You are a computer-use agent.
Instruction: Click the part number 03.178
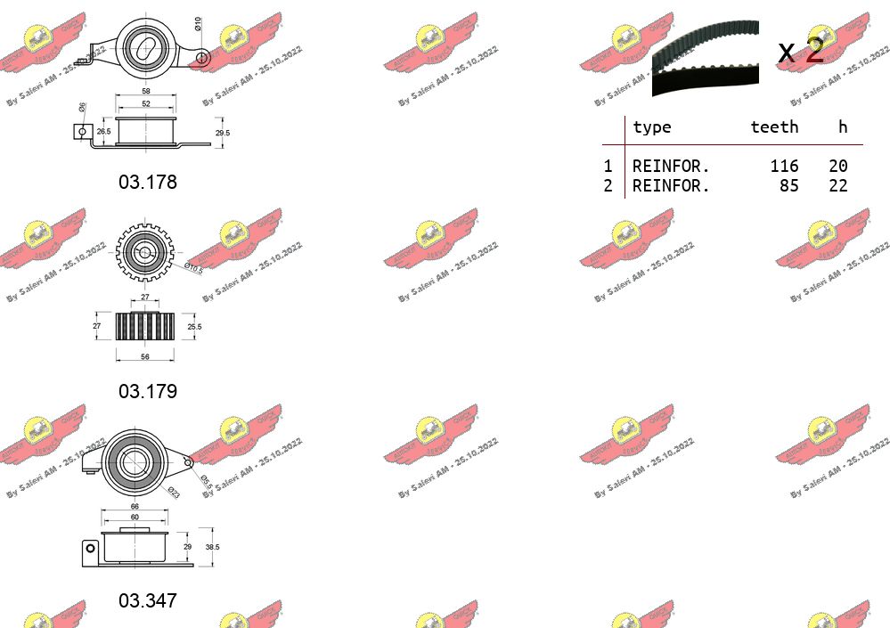click(148, 183)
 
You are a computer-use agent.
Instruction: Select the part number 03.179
click(148, 392)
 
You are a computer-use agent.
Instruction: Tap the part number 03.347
click(148, 601)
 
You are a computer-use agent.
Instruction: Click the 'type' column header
click(651, 127)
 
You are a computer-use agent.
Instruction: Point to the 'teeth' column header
click(774, 127)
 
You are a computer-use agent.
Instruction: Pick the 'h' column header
click(843, 127)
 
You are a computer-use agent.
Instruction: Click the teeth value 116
click(784, 167)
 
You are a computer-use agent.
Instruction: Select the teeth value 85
click(788, 186)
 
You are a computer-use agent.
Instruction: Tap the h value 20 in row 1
click(837, 167)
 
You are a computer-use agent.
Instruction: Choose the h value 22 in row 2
click(837, 186)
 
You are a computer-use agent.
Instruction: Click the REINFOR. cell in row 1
click(671, 167)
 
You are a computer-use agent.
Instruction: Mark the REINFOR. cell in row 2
click(671, 186)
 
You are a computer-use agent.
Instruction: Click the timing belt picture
click(705, 57)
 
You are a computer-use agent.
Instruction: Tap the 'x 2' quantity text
click(801, 52)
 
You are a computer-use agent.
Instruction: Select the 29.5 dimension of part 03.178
click(223, 133)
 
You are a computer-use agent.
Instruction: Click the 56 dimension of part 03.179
click(144, 357)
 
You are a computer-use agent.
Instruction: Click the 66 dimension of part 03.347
click(135, 508)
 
